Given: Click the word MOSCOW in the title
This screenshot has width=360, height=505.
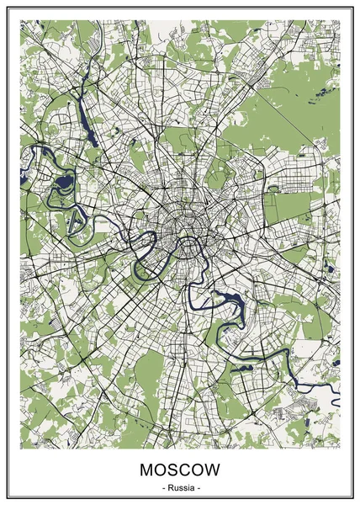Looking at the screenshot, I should click(x=180, y=469).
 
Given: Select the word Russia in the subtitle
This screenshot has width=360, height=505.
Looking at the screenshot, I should click(x=180, y=487).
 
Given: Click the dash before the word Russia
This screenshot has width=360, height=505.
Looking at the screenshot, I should click(x=161, y=487).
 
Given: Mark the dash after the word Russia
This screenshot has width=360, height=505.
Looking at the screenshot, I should click(x=199, y=487).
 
